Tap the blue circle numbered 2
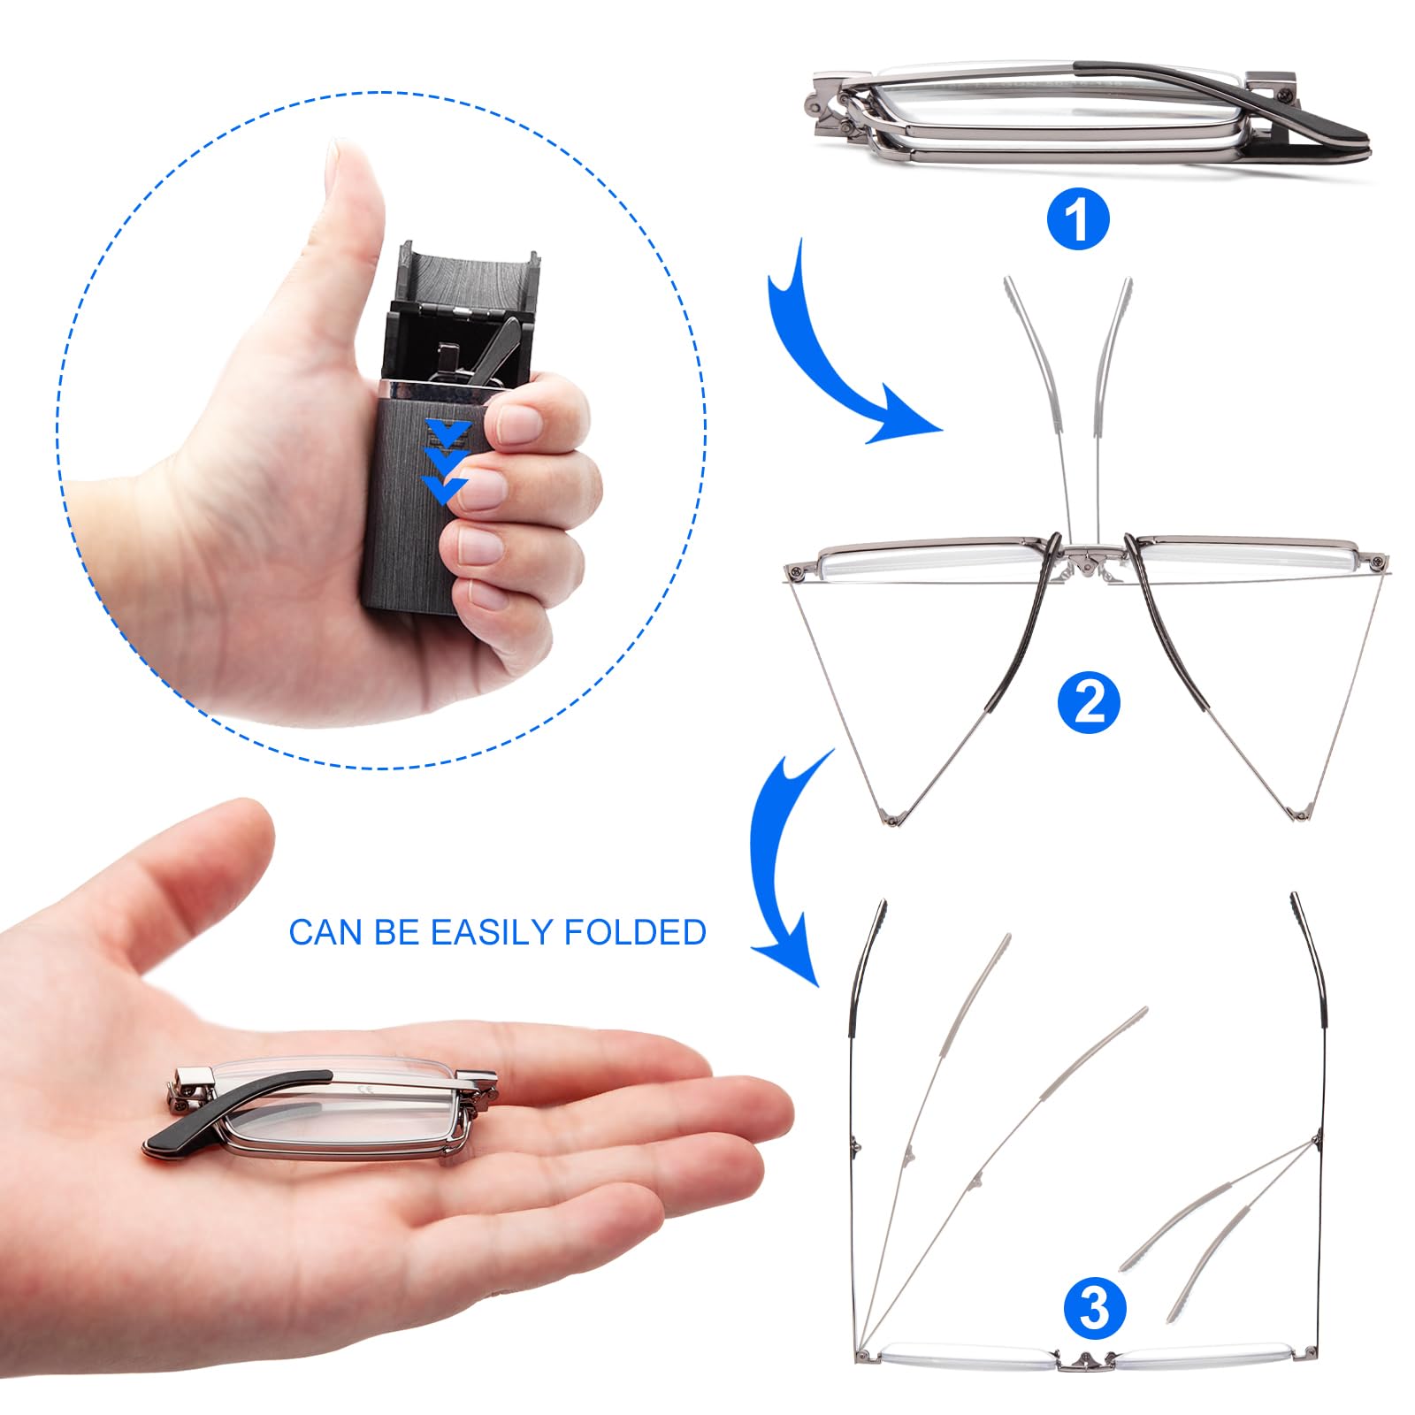coord(1089,702)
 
